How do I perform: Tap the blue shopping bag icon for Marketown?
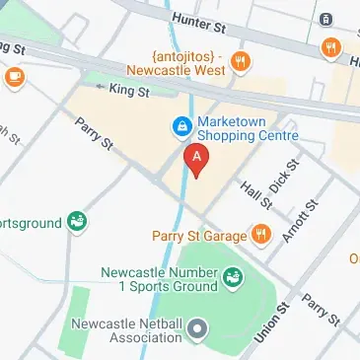click(x=181, y=126)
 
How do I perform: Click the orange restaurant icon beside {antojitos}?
click(x=239, y=64)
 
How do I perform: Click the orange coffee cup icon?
click(x=15, y=76)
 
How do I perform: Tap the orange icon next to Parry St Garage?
click(x=260, y=234)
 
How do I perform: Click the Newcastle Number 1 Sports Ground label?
click(x=159, y=279)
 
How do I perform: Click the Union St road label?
click(x=264, y=323)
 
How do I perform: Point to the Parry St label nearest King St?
click(x=95, y=134)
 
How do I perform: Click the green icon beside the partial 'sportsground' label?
click(x=77, y=223)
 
